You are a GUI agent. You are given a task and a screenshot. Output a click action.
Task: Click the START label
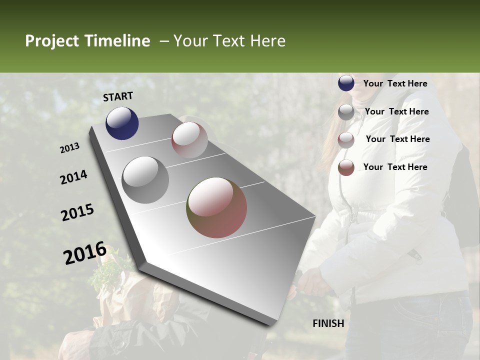[x=118, y=96]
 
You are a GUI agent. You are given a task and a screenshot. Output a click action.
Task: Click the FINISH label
[x=328, y=323]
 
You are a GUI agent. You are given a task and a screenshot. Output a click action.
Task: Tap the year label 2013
[x=70, y=148]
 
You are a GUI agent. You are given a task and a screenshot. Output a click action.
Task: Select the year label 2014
[x=74, y=177]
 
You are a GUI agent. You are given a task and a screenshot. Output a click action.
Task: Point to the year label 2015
[x=77, y=212]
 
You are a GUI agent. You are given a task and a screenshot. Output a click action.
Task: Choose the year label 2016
[x=85, y=252]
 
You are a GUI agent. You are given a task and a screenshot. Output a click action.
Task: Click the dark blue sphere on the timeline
[x=122, y=123]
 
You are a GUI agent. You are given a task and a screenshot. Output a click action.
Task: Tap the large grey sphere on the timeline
[x=145, y=179]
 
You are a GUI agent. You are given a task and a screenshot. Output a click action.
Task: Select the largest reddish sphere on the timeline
[x=216, y=207]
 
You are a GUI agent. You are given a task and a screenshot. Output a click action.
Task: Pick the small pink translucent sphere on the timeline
[x=189, y=140]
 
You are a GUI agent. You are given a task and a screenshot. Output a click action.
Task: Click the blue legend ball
[x=346, y=83]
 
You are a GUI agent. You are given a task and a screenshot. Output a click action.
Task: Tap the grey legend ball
[x=346, y=112]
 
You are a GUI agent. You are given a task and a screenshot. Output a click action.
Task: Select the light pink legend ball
[x=346, y=140]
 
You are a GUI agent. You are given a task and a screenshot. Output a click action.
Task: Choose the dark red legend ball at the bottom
[x=346, y=167]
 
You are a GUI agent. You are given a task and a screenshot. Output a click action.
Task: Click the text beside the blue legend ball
[x=395, y=83]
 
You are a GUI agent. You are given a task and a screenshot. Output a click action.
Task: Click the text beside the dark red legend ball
[x=395, y=167]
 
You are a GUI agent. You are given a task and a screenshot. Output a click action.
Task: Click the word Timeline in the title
[x=117, y=41]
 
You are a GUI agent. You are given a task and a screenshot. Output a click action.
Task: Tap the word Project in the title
[x=52, y=41]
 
